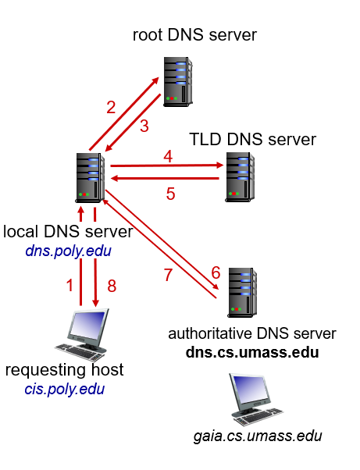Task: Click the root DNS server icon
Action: [178, 82]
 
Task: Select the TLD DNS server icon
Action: [240, 177]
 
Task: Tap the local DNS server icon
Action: [90, 178]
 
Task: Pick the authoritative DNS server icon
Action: [242, 293]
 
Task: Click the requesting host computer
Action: [81, 334]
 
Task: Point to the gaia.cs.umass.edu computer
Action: [256, 399]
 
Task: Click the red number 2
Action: [111, 107]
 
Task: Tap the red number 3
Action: [144, 126]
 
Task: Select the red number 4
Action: [168, 156]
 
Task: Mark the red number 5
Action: [170, 194]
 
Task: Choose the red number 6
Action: [216, 272]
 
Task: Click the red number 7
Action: [169, 275]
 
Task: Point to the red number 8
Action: [112, 286]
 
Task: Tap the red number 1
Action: [70, 285]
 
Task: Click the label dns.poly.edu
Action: [69, 251]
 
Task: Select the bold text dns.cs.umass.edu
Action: [252, 353]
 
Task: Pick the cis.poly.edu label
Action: [65, 389]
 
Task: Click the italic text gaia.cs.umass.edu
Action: [258, 436]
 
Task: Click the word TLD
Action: [205, 140]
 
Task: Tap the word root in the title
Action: [148, 35]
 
